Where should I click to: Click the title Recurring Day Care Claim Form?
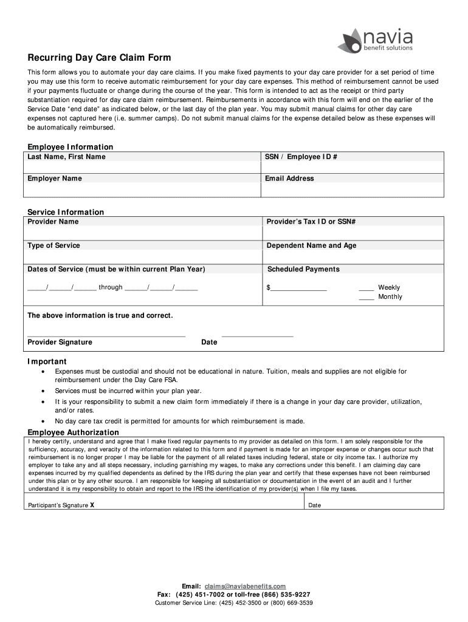99,58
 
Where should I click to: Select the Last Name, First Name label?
66,157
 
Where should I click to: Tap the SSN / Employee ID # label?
301,157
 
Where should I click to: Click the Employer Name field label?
55,179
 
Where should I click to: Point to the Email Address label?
289,179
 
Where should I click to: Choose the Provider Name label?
53,222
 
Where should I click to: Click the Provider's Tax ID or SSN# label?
311,222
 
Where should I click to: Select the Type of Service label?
53,245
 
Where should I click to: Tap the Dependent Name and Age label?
312,245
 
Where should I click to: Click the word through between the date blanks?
110,287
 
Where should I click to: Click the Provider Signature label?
60,342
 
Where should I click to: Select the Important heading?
47,361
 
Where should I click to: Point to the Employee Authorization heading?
73,432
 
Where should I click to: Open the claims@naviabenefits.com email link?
245,586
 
